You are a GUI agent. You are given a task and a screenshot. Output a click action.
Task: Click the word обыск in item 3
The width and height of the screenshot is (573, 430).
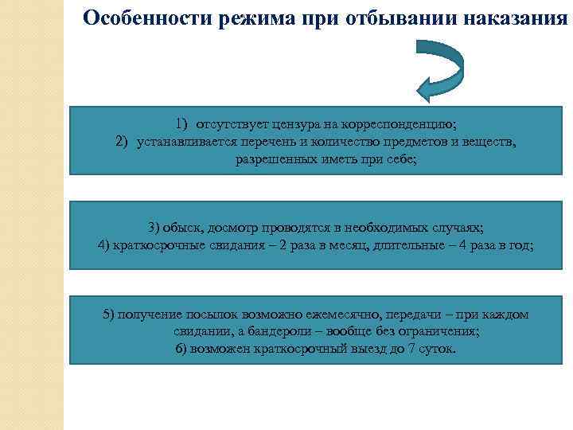click(179, 227)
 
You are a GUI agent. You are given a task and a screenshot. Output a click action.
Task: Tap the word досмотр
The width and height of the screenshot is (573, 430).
click(224, 227)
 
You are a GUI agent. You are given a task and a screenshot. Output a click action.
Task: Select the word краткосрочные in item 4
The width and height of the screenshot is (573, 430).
click(154, 244)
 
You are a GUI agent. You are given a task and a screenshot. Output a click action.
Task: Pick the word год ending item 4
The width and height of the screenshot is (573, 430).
click(522, 244)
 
